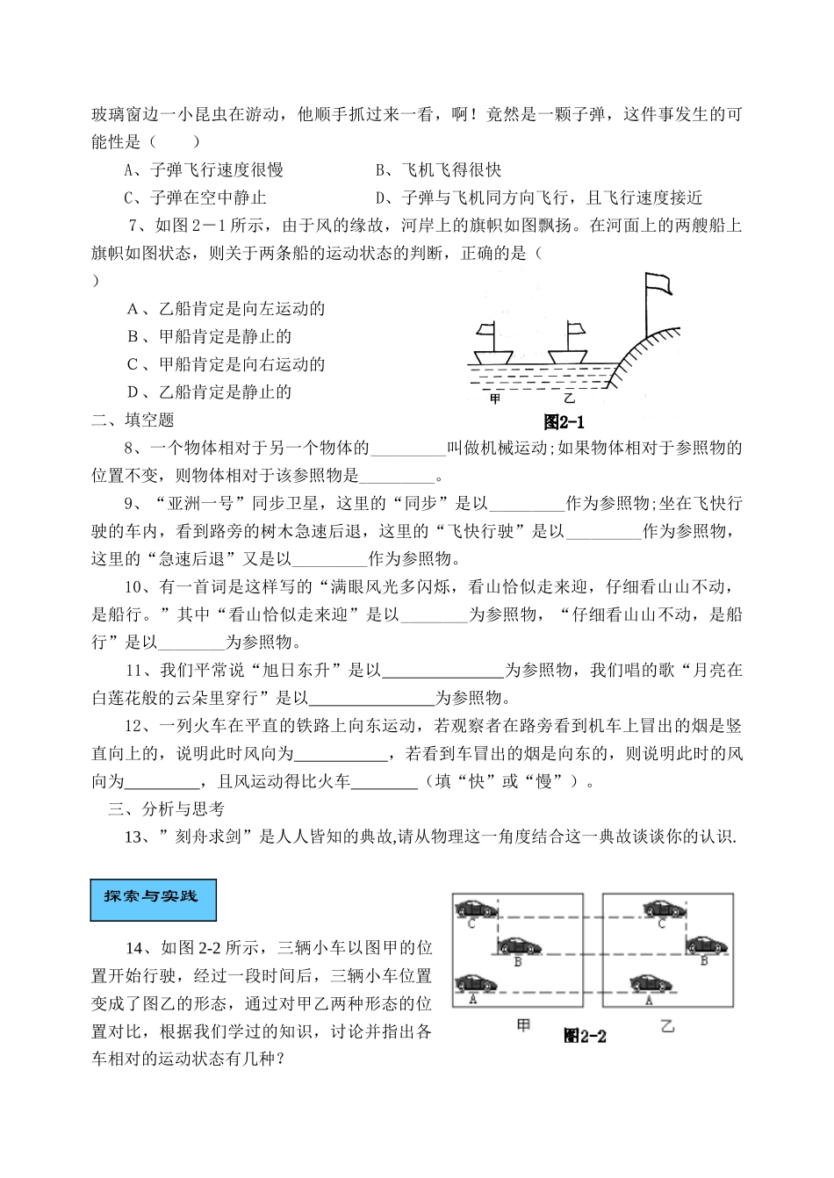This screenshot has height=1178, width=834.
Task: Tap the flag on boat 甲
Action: click(487, 332)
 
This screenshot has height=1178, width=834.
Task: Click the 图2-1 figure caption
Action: click(564, 421)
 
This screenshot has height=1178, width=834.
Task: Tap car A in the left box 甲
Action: click(477, 982)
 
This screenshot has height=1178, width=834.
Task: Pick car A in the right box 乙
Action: click(652, 982)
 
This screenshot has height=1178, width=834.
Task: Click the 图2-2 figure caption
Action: click(586, 1036)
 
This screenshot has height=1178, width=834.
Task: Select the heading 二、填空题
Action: click(133, 420)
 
